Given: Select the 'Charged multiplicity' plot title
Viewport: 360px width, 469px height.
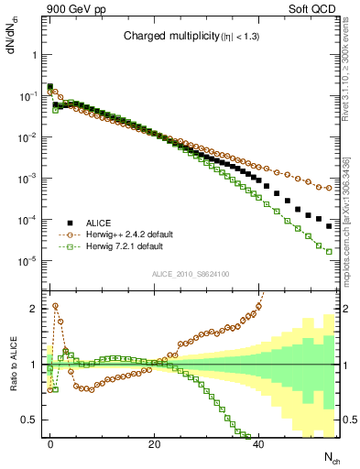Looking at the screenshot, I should coord(186,38).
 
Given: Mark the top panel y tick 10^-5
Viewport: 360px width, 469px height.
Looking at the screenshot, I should coord(29,262).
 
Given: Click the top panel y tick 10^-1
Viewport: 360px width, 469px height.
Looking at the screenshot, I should coord(29,96).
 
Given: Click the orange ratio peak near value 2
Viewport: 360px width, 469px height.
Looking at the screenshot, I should coord(55,306).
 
